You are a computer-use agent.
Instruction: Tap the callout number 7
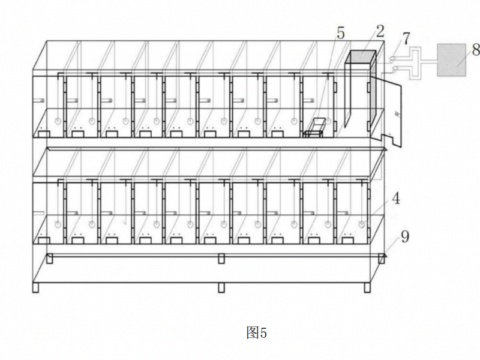click(x=406, y=38)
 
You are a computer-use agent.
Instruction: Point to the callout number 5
click(x=340, y=33)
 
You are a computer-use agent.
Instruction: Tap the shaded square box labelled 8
click(x=454, y=59)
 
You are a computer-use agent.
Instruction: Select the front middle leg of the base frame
click(x=221, y=287)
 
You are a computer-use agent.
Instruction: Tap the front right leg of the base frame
click(x=367, y=287)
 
